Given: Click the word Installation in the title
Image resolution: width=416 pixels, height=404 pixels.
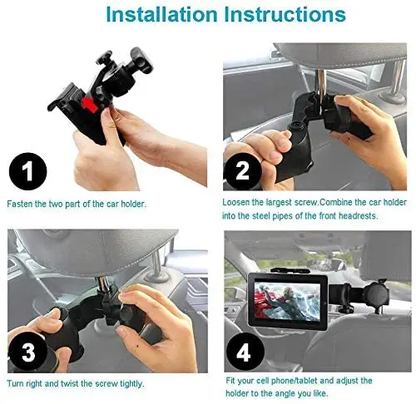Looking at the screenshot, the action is click(x=161, y=14).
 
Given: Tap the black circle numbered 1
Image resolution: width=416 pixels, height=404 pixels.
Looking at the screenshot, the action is click(x=27, y=171).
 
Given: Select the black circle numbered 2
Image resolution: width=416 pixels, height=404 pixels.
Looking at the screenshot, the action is click(x=243, y=170).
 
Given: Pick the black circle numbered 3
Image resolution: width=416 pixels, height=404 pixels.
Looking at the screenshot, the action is click(x=27, y=352).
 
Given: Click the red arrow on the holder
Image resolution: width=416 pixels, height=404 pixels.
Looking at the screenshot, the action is click(x=90, y=105).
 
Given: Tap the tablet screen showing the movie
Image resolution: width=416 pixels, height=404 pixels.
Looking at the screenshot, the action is click(x=287, y=301).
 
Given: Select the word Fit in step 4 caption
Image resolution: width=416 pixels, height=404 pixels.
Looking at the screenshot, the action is click(x=230, y=381).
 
